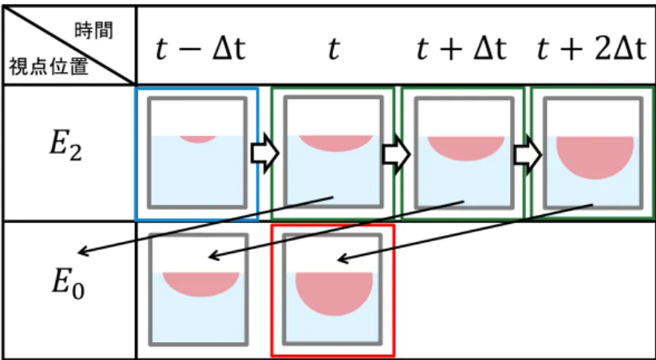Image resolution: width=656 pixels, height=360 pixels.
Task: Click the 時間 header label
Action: tap(94, 31)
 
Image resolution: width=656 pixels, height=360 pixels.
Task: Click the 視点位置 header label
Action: tap(49, 67)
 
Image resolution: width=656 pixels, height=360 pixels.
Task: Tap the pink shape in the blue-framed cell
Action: tap(198, 139)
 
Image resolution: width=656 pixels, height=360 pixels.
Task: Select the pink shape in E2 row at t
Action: tap(335, 143)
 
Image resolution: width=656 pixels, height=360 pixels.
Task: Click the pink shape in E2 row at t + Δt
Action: tap(466, 148)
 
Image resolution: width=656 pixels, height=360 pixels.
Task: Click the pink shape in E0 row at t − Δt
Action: tap(201, 283)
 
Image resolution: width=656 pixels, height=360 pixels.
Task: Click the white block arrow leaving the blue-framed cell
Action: tap(265, 154)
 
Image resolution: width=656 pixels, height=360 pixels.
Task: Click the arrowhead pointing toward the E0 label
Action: tap(83, 251)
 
